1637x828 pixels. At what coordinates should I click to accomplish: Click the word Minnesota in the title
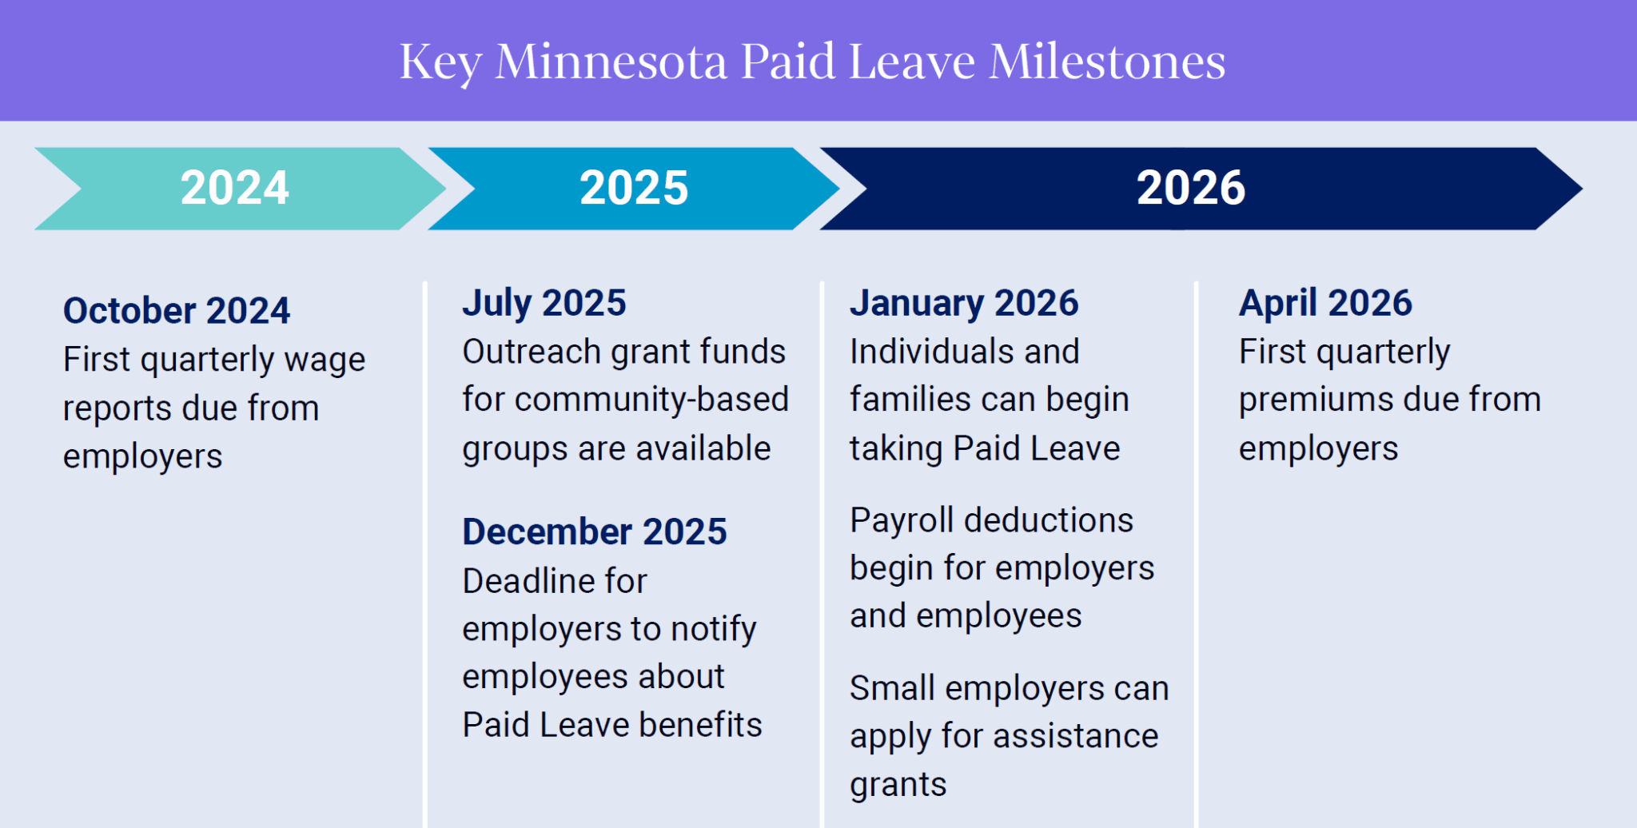[611, 62]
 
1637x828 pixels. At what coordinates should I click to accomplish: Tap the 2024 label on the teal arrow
[234, 189]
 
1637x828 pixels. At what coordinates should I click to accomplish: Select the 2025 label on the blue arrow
[633, 189]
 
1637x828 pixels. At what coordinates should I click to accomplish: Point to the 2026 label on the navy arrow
[1190, 189]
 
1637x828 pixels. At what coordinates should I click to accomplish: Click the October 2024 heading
[176, 311]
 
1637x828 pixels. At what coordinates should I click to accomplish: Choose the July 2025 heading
[544, 304]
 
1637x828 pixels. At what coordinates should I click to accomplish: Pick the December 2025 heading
[594, 532]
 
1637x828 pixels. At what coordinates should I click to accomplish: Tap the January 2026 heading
[963, 304]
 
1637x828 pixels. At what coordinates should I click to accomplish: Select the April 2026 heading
[1324, 304]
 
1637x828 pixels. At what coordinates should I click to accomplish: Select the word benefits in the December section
[700, 726]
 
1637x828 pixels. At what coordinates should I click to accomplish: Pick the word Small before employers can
[891, 689]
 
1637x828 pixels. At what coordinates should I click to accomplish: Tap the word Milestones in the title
[1107, 62]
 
